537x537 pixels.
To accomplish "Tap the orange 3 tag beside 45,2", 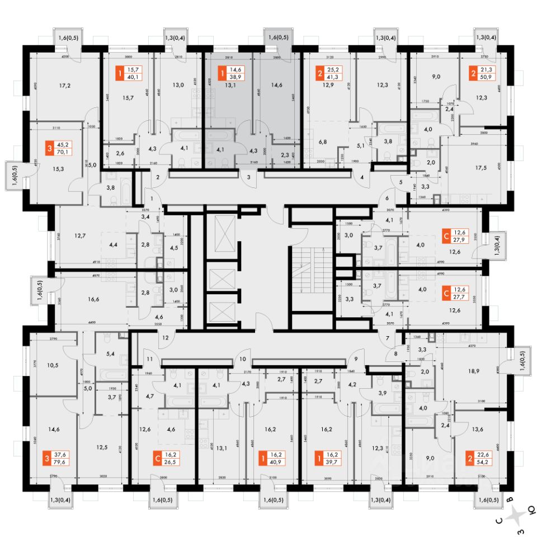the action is [51, 150].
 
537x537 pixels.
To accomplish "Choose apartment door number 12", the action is [165, 338].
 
